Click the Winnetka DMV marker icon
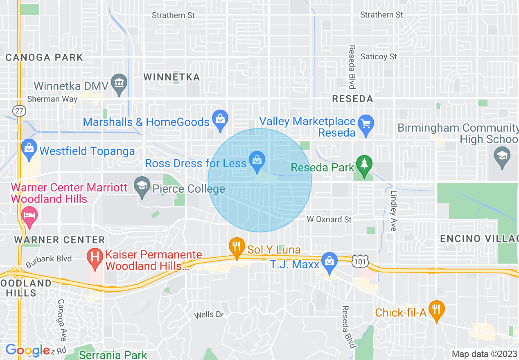[119, 83]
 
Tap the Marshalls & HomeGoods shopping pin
[220, 120]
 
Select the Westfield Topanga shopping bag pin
[29, 149]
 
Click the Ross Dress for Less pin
[257, 161]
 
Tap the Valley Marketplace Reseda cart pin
[366, 124]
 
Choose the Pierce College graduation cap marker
[142, 187]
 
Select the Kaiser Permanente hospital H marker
[95, 259]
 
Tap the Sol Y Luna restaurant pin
[237, 247]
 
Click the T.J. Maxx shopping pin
[329, 262]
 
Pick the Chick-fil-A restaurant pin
[437, 310]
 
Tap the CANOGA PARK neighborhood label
[44, 57]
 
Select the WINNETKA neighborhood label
[171, 77]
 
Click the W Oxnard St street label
[329, 220]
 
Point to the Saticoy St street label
[379, 56]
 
